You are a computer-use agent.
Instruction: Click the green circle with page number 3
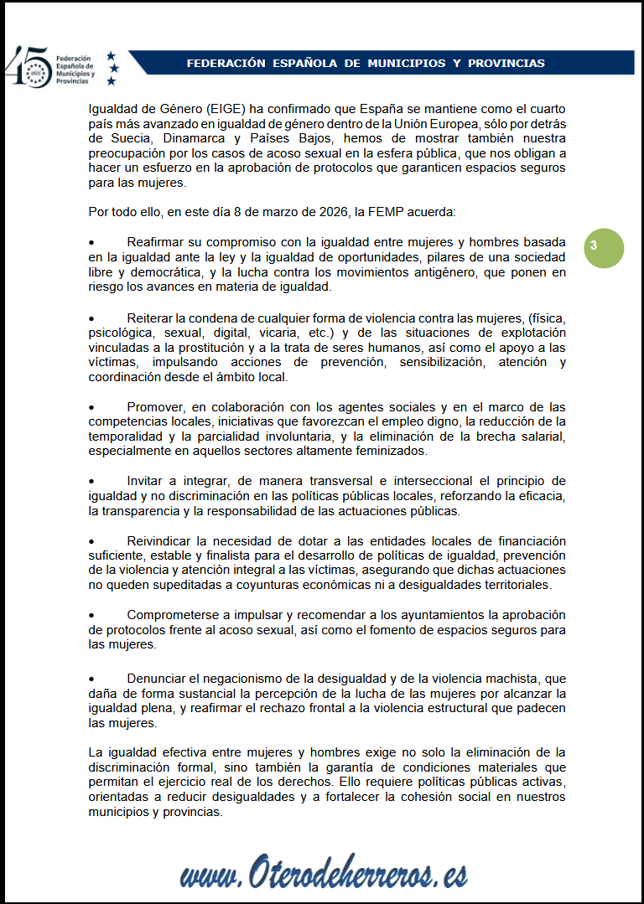click(604, 248)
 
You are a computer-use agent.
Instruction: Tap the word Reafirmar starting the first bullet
click(158, 243)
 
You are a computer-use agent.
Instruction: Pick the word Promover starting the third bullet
click(157, 407)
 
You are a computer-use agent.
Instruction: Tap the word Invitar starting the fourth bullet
click(146, 481)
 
